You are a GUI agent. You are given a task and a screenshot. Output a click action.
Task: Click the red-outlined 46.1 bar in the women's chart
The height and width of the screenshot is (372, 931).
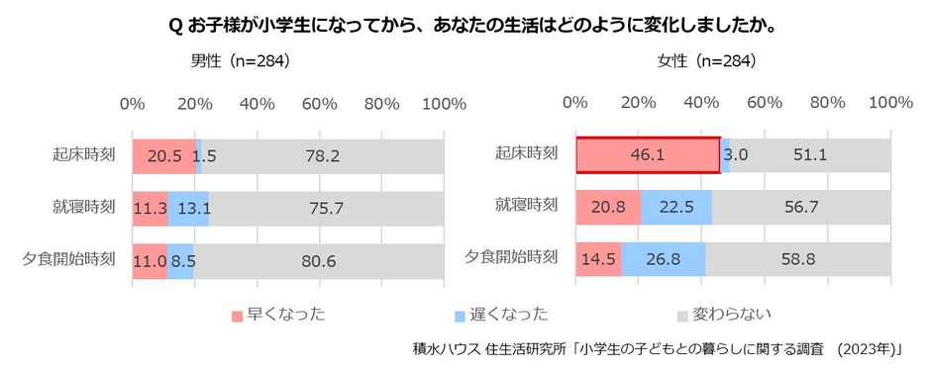coord(648,155)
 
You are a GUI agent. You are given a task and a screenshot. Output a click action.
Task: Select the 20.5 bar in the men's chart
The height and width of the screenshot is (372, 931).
coord(164,155)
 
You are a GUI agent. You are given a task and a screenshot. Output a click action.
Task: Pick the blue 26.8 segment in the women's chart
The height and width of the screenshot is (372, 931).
coord(663,260)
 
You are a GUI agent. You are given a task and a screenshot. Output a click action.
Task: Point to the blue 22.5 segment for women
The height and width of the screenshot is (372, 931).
coord(676,208)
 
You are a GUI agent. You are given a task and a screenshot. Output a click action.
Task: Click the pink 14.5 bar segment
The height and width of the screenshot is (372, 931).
coord(598,260)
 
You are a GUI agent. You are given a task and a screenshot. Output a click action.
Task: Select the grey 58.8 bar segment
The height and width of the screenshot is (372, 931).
coord(798,260)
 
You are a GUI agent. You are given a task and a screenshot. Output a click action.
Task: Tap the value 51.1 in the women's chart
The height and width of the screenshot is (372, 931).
coord(810,155)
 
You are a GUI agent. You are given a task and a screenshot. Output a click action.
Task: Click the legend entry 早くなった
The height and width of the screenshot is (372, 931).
coord(278,315)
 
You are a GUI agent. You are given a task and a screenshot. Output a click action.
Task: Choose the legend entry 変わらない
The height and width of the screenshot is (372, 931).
coord(722,315)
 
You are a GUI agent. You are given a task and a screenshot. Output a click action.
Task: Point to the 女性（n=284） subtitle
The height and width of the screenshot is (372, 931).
coord(707,61)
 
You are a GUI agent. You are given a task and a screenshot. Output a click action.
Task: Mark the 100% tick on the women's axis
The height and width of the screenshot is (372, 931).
coord(889,104)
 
